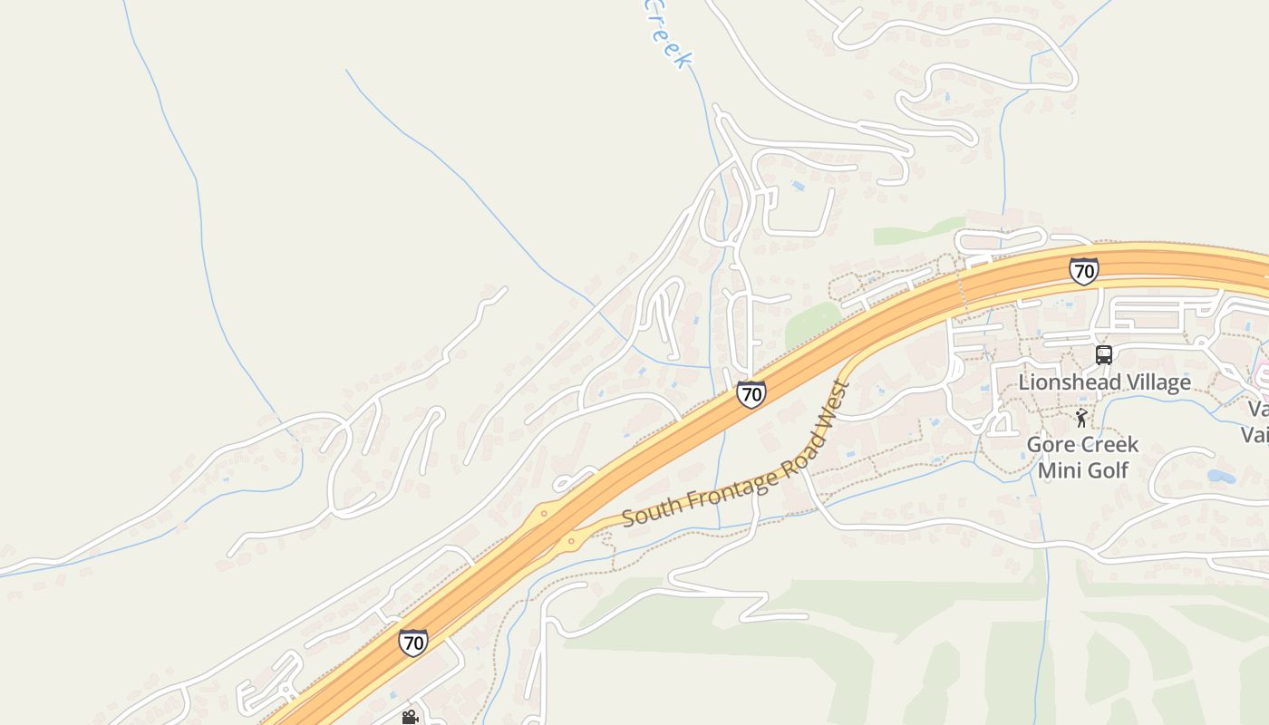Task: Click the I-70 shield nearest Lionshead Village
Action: point(1083,270)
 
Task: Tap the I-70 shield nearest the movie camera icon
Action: point(412,643)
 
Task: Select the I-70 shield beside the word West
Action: point(751,393)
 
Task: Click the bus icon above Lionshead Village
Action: point(1103,355)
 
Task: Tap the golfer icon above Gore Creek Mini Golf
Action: point(1080,418)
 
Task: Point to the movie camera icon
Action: point(410,717)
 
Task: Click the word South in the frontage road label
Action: point(646,514)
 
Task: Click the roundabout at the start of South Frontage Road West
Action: point(570,543)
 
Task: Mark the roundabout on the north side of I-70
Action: point(544,513)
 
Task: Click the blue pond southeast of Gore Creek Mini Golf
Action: point(1221,476)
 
